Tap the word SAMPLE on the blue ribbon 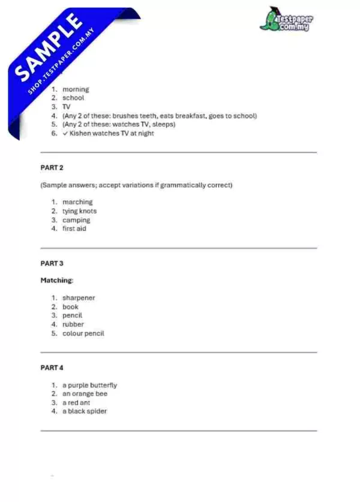[x=48, y=47]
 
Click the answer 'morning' [x=76, y=89]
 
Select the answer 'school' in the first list [x=73, y=98]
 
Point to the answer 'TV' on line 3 [x=67, y=107]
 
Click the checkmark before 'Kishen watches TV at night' [x=65, y=133]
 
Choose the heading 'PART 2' [x=52, y=168]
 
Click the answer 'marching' [x=77, y=202]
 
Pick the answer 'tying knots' [x=79, y=211]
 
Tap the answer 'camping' [x=76, y=220]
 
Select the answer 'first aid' [x=74, y=229]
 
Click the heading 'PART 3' [x=52, y=263]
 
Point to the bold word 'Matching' [x=56, y=280]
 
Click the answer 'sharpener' [x=79, y=298]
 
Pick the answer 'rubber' [x=73, y=324]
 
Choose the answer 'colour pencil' [x=83, y=333]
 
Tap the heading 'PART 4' [x=52, y=367]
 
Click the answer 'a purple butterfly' [x=89, y=386]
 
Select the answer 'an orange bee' [x=85, y=394]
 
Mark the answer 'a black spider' [x=85, y=411]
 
